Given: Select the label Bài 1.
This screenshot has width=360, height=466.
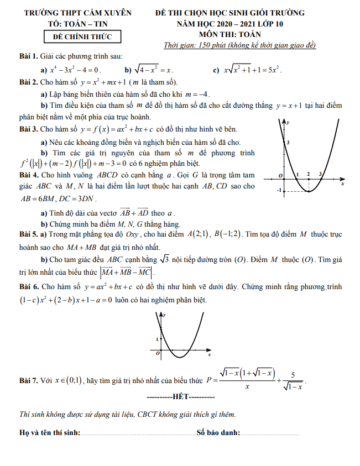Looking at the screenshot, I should [x=28, y=56].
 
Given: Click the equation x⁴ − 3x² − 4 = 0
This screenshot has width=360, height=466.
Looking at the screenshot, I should [x=76, y=70].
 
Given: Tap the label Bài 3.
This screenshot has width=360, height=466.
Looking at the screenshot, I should [x=28, y=129].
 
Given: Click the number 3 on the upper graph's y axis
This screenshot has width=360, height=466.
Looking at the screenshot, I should [x=288, y=143].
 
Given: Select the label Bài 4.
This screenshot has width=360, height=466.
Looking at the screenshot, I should [x=28, y=174].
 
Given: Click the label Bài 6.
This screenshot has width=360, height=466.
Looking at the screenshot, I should [x=28, y=287].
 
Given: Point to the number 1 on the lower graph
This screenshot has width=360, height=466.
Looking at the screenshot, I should [x=158, y=339].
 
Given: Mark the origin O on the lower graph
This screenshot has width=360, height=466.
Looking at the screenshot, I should [x=158, y=352].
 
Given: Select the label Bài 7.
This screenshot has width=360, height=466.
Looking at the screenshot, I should [x=28, y=381].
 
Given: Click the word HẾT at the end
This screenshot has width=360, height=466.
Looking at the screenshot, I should [x=181, y=396].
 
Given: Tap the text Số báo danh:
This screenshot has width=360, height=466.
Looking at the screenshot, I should [x=218, y=432].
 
